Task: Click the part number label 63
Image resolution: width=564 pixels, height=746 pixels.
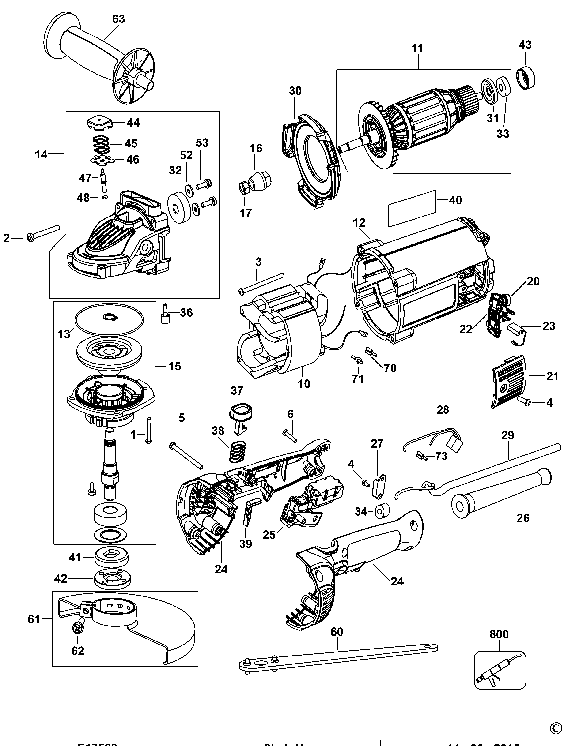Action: pos(118,19)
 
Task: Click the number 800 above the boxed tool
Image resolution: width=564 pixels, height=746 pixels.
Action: pos(499,634)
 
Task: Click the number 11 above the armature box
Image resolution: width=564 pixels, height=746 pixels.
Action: pos(417,49)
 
